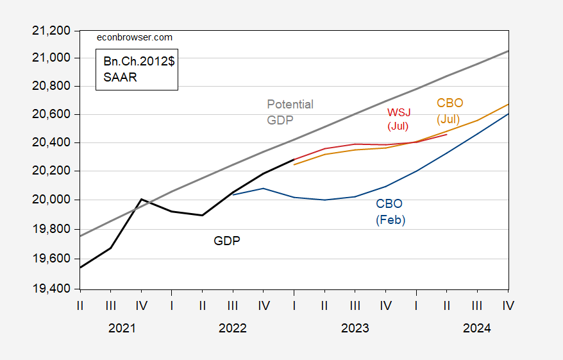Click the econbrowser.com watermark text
[x=134, y=38]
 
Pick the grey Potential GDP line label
[x=290, y=112]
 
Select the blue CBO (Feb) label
[x=391, y=212]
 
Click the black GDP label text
[x=227, y=241]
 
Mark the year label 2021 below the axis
[x=122, y=328]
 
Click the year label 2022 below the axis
[x=232, y=328]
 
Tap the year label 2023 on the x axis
[x=355, y=328]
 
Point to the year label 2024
[x=476, y=328]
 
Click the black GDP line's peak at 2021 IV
[x=141, y=199]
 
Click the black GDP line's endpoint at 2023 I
[x=294, y=160]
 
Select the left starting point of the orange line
[x=294, y=165]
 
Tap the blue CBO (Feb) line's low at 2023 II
[x=324, y=200]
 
